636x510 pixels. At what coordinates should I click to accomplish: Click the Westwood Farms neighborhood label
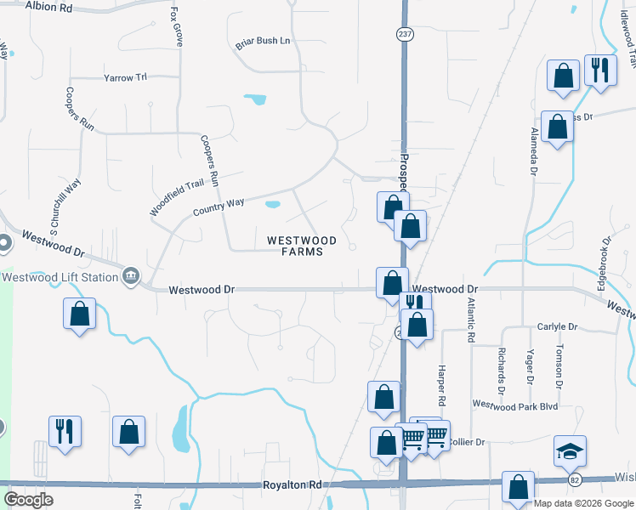click(295, 246)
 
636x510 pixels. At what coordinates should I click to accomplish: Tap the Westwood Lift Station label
click(60, 276)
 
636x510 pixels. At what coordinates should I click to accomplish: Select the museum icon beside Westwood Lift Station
click(131, 275)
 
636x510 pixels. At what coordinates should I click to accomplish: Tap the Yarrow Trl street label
click(125, 77)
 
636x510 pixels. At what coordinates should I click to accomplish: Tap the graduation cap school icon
click(571, 451)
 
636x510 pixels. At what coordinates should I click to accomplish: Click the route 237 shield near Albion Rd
click(403, 33)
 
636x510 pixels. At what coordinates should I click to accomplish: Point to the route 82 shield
click(576, 480)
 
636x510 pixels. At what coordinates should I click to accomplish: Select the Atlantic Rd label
click(470, 319)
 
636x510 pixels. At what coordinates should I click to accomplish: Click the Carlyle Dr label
click(557, 326)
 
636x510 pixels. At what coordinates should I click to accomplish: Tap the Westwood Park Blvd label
click(514, 406)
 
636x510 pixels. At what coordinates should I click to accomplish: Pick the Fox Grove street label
click(177, 28)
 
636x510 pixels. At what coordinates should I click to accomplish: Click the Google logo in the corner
click(28, 500)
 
